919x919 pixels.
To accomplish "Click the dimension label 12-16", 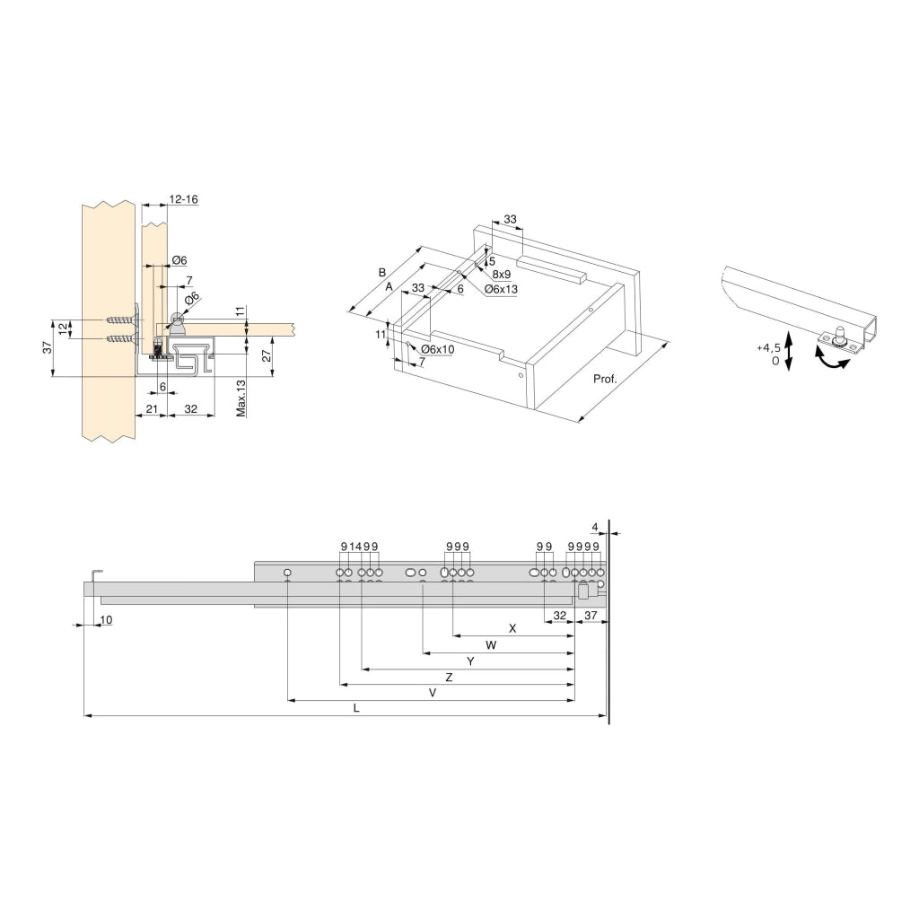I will pos(183,199).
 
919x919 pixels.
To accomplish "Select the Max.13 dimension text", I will pos(240,397).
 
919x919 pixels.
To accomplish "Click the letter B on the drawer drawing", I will pos(381,272).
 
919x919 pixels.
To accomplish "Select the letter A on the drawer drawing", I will pos(389,286).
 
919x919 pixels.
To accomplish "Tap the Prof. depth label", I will pos(605,379).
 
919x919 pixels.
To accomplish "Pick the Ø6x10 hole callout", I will pos(437,349).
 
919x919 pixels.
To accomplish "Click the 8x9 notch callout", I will pos(501,275).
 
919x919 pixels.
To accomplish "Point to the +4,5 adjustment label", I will pos(767,347).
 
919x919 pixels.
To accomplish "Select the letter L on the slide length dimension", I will pos(356,708).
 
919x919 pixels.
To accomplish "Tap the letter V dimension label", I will pos(432,693).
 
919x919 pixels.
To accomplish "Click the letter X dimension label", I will pos(512,628).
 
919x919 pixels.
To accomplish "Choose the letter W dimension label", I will pos(491,645).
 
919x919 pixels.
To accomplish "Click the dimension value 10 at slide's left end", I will pos(106,620).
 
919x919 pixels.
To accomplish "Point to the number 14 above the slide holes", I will pos(355,547).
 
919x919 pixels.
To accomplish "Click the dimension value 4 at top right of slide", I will pos(595,526).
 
